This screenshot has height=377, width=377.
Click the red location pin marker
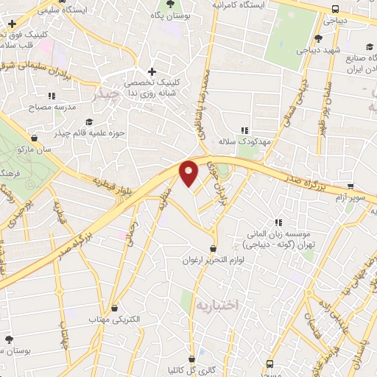(189, 173)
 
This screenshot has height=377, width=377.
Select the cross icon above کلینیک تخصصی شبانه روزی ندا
(152, 72)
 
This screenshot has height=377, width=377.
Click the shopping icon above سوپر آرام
(350, 186)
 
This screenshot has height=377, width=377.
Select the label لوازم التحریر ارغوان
(214, 261)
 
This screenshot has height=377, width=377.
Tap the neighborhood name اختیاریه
(218, 303)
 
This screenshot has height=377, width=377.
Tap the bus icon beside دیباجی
(336, 10)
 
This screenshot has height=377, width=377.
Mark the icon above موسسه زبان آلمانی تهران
(278, 222)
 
